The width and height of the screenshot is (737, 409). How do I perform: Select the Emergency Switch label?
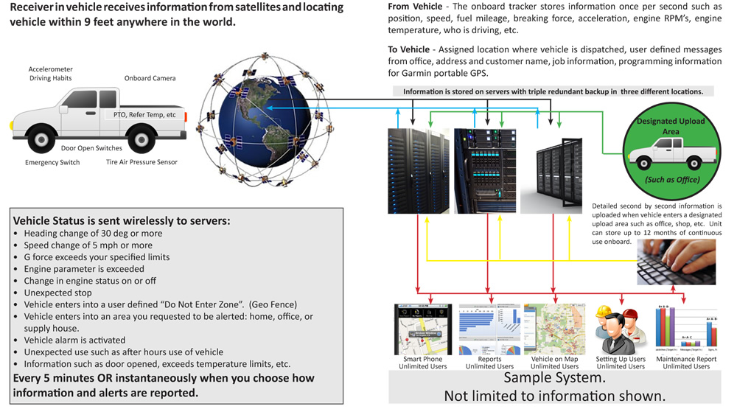52,162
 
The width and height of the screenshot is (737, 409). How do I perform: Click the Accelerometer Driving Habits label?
50,74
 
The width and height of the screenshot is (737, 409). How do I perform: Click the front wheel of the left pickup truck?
139,137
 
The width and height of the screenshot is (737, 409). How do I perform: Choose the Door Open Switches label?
91,148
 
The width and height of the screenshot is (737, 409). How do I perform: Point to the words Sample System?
554,378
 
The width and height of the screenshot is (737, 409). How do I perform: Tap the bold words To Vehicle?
409,49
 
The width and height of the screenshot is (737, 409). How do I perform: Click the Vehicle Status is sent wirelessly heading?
122,220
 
